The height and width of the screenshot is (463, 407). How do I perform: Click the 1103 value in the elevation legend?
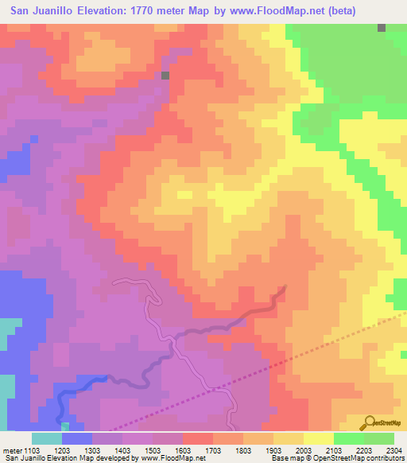click(x=31, y=451)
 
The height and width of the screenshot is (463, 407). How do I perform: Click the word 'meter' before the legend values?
click(x=12, y=451)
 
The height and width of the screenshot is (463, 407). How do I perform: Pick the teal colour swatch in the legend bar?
click(x=47, y=438)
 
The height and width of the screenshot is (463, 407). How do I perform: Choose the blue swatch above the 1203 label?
click(x=77, y=438)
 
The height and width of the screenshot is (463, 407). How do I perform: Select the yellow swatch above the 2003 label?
click(x=318, y=438)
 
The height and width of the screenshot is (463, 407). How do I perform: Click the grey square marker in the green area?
click(x=382, y=27)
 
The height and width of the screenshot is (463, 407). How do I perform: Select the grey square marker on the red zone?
click(x=165, y=76)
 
